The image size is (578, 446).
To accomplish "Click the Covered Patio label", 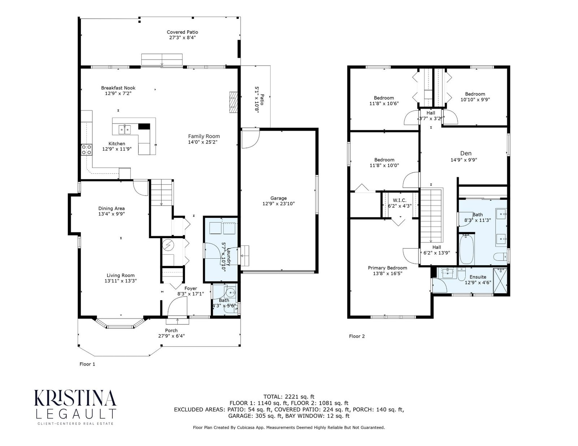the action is point(182,32).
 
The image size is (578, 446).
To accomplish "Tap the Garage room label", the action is point(278,198).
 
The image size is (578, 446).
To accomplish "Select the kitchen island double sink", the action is point(125,130).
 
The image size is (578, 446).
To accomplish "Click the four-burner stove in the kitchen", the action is point(86,149).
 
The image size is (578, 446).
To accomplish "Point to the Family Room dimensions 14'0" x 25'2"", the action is point(202,142).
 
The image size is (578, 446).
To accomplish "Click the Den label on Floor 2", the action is point(466,153).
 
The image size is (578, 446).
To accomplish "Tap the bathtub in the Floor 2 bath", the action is point(467,249).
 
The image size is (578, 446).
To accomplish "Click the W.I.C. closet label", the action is point(400,200).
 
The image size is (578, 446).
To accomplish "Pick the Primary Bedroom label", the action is point(387,268).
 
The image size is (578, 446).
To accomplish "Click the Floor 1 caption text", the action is point(87,364).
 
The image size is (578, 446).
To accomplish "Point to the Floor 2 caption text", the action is point(357,336).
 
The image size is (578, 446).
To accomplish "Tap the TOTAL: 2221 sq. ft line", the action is point(289,397).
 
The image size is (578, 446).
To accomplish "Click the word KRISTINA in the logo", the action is point(75,398).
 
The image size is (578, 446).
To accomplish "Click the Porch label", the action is point(171,331).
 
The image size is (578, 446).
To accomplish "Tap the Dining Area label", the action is point(112,209).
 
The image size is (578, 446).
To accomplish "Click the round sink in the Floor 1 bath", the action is point(230,293).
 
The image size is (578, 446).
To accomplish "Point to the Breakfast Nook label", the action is point(118,88).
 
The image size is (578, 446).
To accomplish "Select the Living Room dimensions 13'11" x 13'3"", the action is point(121,281).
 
